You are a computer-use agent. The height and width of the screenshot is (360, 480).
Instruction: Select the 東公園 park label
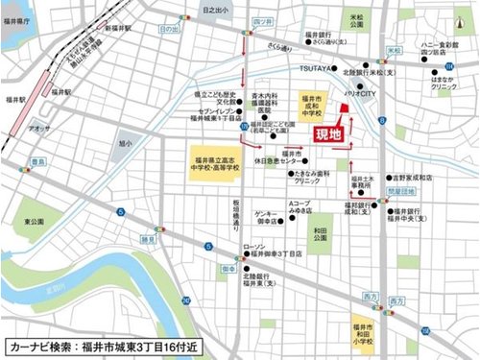[x=35, y=221]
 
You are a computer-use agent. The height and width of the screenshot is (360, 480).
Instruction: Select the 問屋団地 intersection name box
[x=396, y=190]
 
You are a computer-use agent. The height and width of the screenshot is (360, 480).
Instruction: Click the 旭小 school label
[x=126, y=143]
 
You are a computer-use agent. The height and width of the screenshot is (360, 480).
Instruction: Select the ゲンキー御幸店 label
[x=267, y=215]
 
